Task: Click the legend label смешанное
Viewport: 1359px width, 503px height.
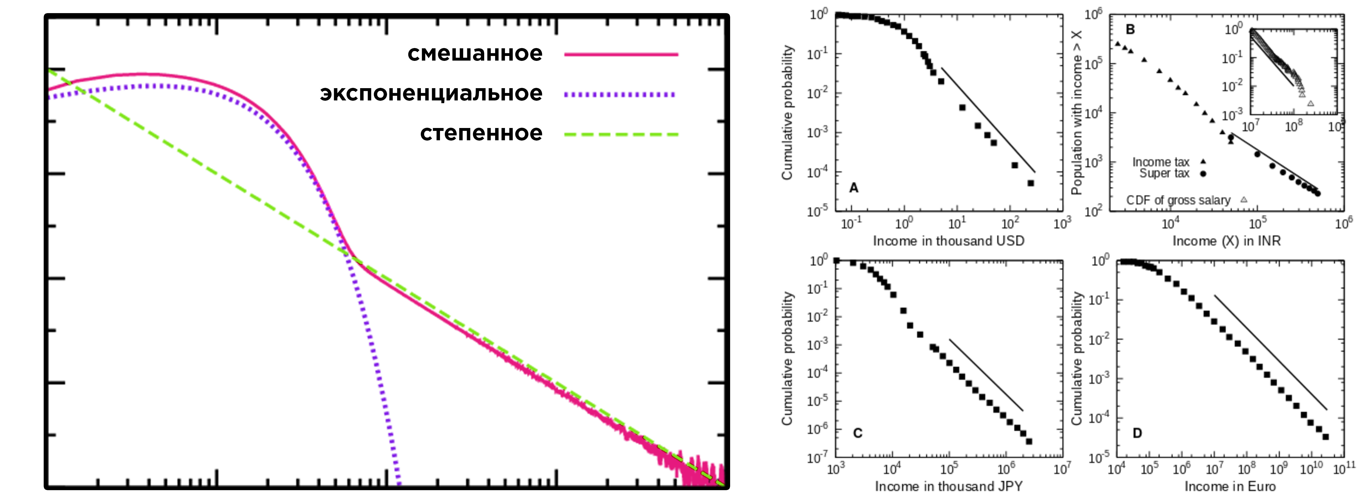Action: tap(475, 54)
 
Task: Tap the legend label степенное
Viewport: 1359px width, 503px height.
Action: tap(481, 133)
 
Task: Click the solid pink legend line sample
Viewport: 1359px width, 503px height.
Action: tap(621, 54)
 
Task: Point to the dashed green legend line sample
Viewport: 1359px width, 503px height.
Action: tap(621, 135)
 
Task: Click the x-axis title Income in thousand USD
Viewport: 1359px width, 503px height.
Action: tap(948, 241)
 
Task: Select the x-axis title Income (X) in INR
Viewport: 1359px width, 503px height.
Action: tap(1226, 241)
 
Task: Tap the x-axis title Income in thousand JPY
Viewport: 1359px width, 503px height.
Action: tap(948, 486)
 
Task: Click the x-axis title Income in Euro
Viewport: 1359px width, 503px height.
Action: tap(1230, 486)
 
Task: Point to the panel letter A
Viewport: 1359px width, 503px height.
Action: tap(854, 188)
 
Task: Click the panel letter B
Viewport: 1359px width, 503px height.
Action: tap(1130, 29)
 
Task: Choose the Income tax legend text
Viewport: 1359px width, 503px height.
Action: tap(1161, 162)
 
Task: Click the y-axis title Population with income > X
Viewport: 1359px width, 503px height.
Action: tap(1076, 112)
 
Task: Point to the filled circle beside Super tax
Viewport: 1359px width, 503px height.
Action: tap(1203, 174)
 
